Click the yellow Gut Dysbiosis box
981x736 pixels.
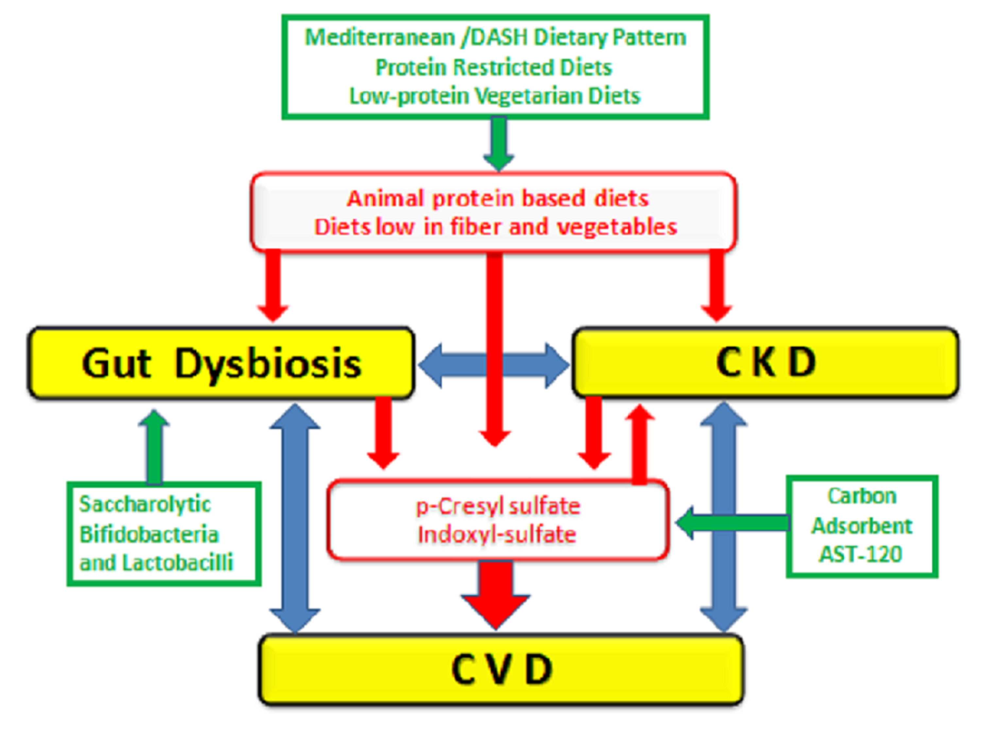(221, 363)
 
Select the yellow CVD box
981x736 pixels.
(501, 670)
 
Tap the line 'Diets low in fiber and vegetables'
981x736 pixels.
(495, 227)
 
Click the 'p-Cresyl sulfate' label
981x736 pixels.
(498, 506)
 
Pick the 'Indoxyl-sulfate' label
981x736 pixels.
(497, 534)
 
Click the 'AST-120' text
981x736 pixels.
(860, 554)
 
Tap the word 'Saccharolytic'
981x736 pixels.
(145, 504)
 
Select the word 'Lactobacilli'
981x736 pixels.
(177, 563)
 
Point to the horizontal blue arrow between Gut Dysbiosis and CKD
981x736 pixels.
(493, 365)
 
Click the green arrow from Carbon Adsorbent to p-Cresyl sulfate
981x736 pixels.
(732, 523)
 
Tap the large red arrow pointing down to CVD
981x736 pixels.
(495, 594)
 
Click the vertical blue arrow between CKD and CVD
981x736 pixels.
(723, 517)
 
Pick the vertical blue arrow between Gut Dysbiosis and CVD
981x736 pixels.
(295, 517)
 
